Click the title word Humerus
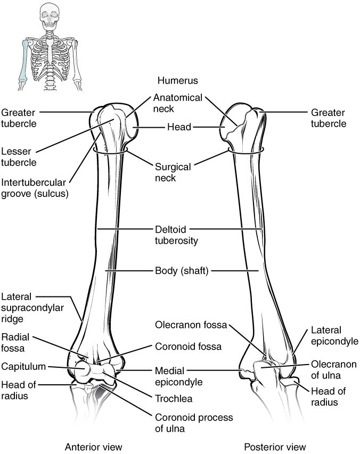(x=177, y=81)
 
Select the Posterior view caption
(x=275, y=447)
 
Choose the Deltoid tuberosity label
(x=176, y=235)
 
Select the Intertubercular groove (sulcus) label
(x=35, y=188)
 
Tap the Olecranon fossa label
(x=191, y=324)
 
